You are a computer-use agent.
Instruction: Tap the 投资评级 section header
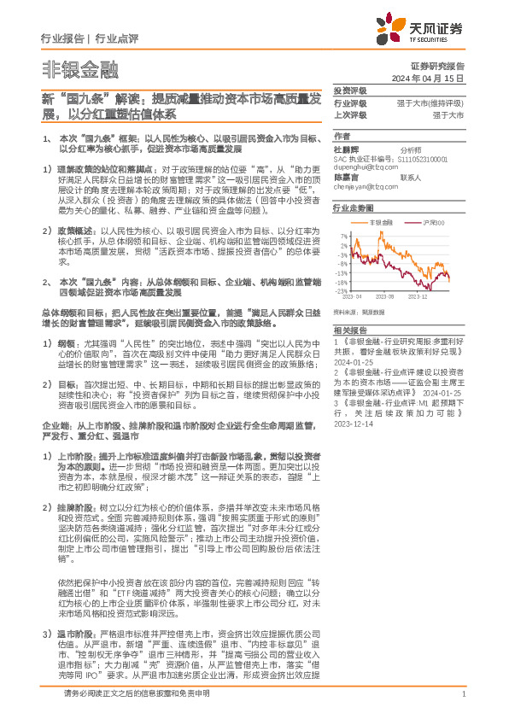tap(349, 90)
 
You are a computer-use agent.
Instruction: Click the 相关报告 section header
tap(349, 330)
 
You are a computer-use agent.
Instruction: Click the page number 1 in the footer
tap(462, 693)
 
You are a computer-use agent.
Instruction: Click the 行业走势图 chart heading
tap(354, 208)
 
